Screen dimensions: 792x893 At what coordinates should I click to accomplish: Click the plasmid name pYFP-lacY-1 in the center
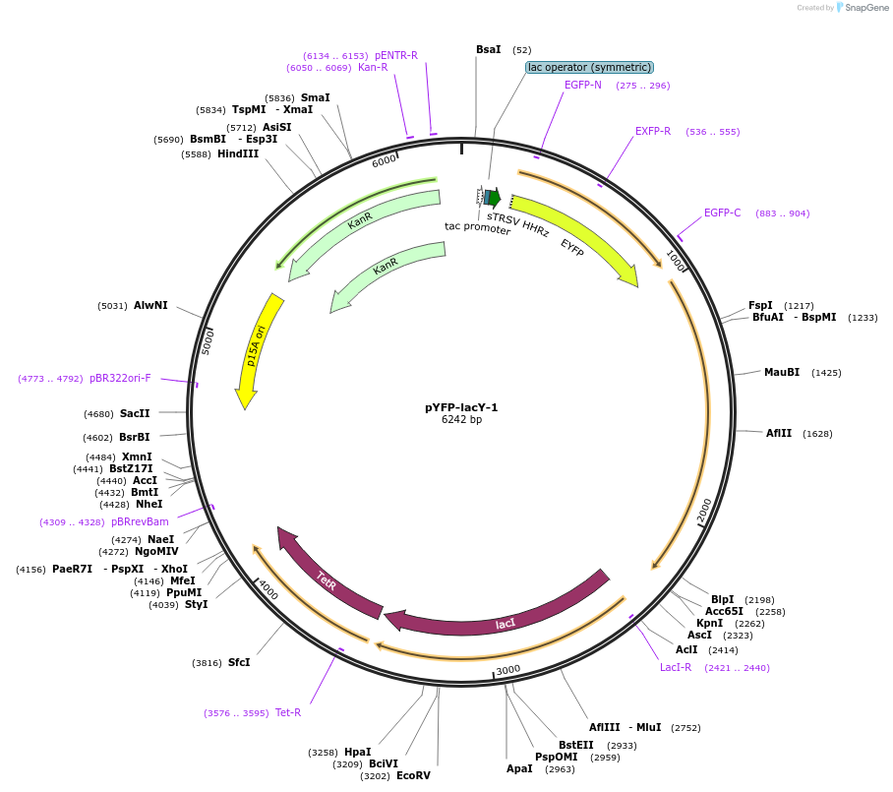pos(461,407)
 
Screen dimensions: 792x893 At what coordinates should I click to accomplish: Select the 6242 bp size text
pos(461,420)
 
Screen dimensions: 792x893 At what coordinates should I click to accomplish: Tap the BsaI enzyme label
pos(488,49)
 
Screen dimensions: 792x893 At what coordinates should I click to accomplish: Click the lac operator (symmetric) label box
pos(589,67)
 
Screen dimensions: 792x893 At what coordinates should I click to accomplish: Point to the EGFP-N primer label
pos(583,85)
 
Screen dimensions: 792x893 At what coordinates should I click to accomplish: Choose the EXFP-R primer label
pos(653,131)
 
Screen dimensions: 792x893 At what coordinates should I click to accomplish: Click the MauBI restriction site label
pos(781,372)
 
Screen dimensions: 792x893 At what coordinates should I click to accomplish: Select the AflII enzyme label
pos(780,433)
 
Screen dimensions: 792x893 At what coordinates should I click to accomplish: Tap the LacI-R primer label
pos(676,667)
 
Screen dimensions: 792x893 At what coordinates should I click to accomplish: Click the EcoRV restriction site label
pos(413,775)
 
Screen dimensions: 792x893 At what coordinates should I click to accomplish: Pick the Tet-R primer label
pos(288,712)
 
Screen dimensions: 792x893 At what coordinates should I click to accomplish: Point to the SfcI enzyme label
pos(239,662)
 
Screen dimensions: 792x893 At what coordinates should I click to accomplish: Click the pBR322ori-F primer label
pos(120,378)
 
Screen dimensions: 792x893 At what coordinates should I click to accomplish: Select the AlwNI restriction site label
pos(150,305)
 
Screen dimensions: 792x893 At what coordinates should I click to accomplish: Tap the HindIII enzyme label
pos(238,153)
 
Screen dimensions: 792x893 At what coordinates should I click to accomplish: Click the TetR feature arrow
pos(327,580)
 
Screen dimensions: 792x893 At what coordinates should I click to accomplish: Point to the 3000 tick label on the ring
pos(507,670)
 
